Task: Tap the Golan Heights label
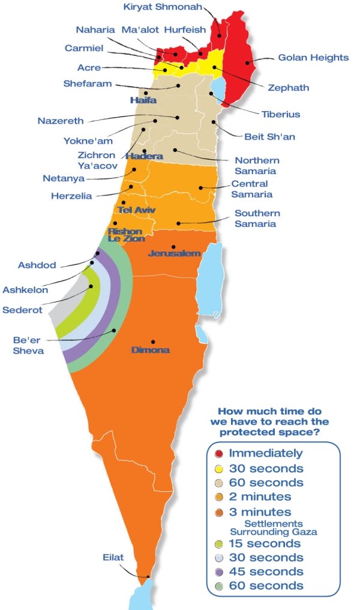(x=313, y=58)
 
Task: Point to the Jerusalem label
(x=174, y=254)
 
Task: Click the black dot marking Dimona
(x=153, y=342)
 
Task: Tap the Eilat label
(x=113, y=558)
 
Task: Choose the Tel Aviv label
(x=137, y=210)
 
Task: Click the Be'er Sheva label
(x=28, y=345)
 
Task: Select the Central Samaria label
(x=252, y=189)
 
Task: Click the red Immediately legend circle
(x=219, y=453)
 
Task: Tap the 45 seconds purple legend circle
(x=219, y=572)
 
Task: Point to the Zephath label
(x=288, y=88)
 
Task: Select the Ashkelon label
(x=25, y=290)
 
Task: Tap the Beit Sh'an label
(x=269, y=136)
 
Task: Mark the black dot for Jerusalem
(x=173, y=247)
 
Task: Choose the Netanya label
(x=63, y=178)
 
